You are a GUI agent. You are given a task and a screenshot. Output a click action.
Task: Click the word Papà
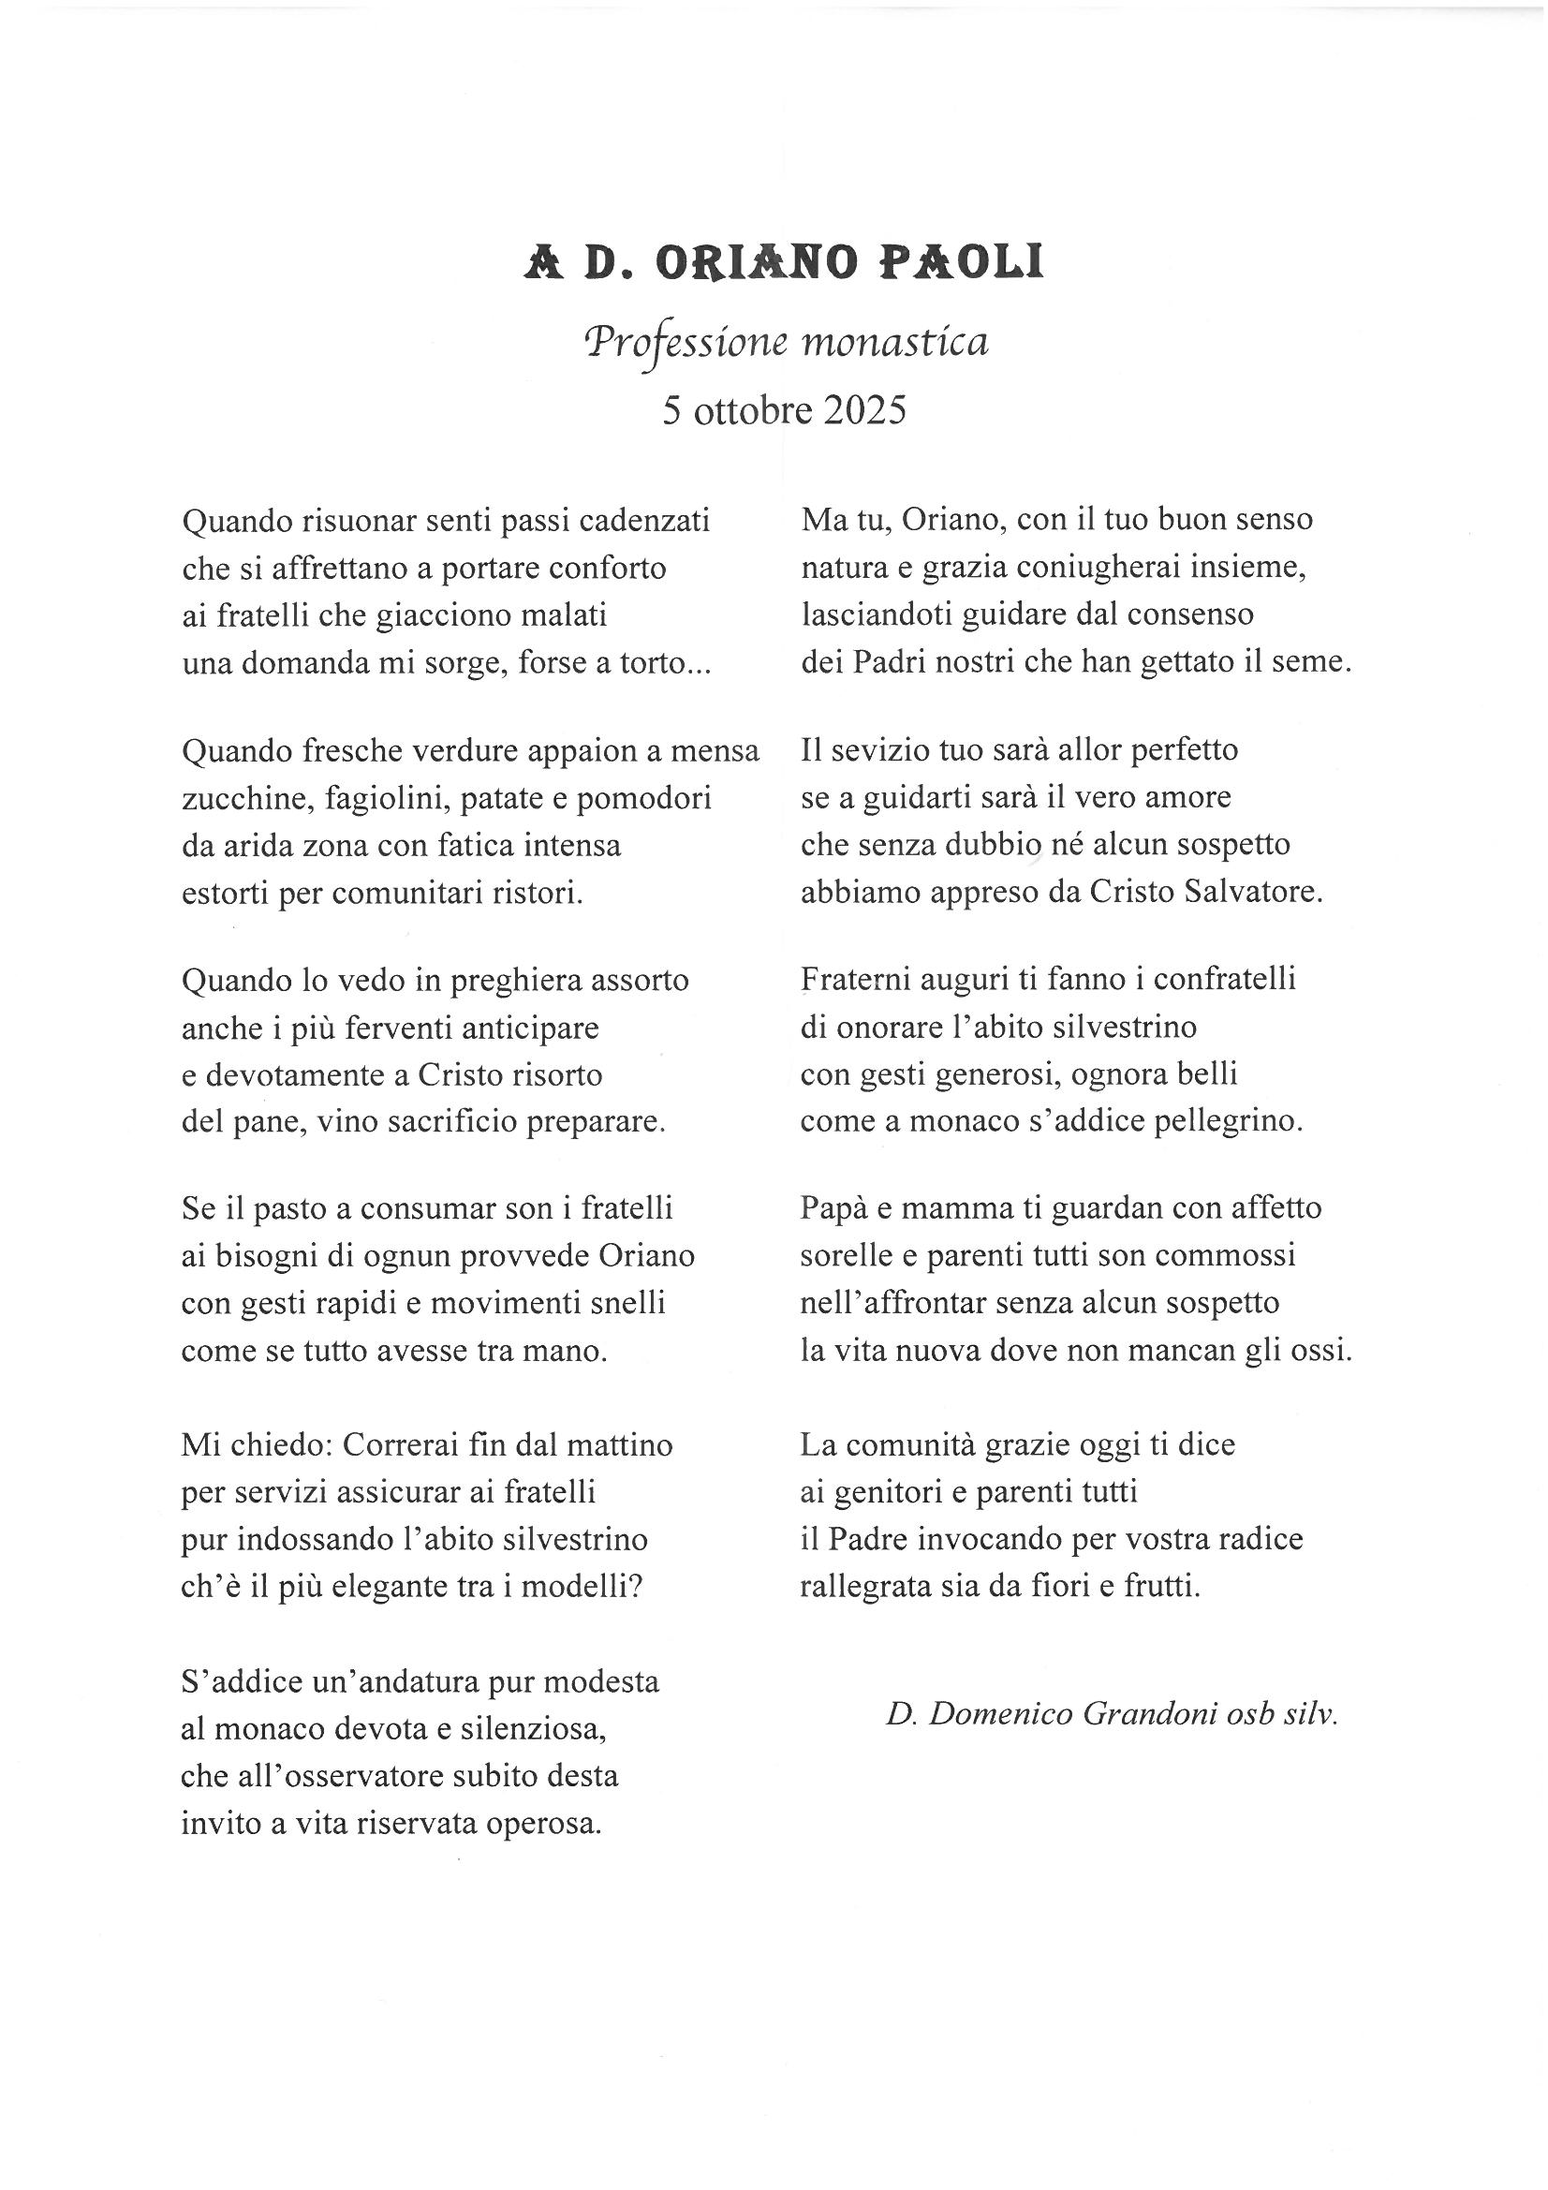pos(832,1208)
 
